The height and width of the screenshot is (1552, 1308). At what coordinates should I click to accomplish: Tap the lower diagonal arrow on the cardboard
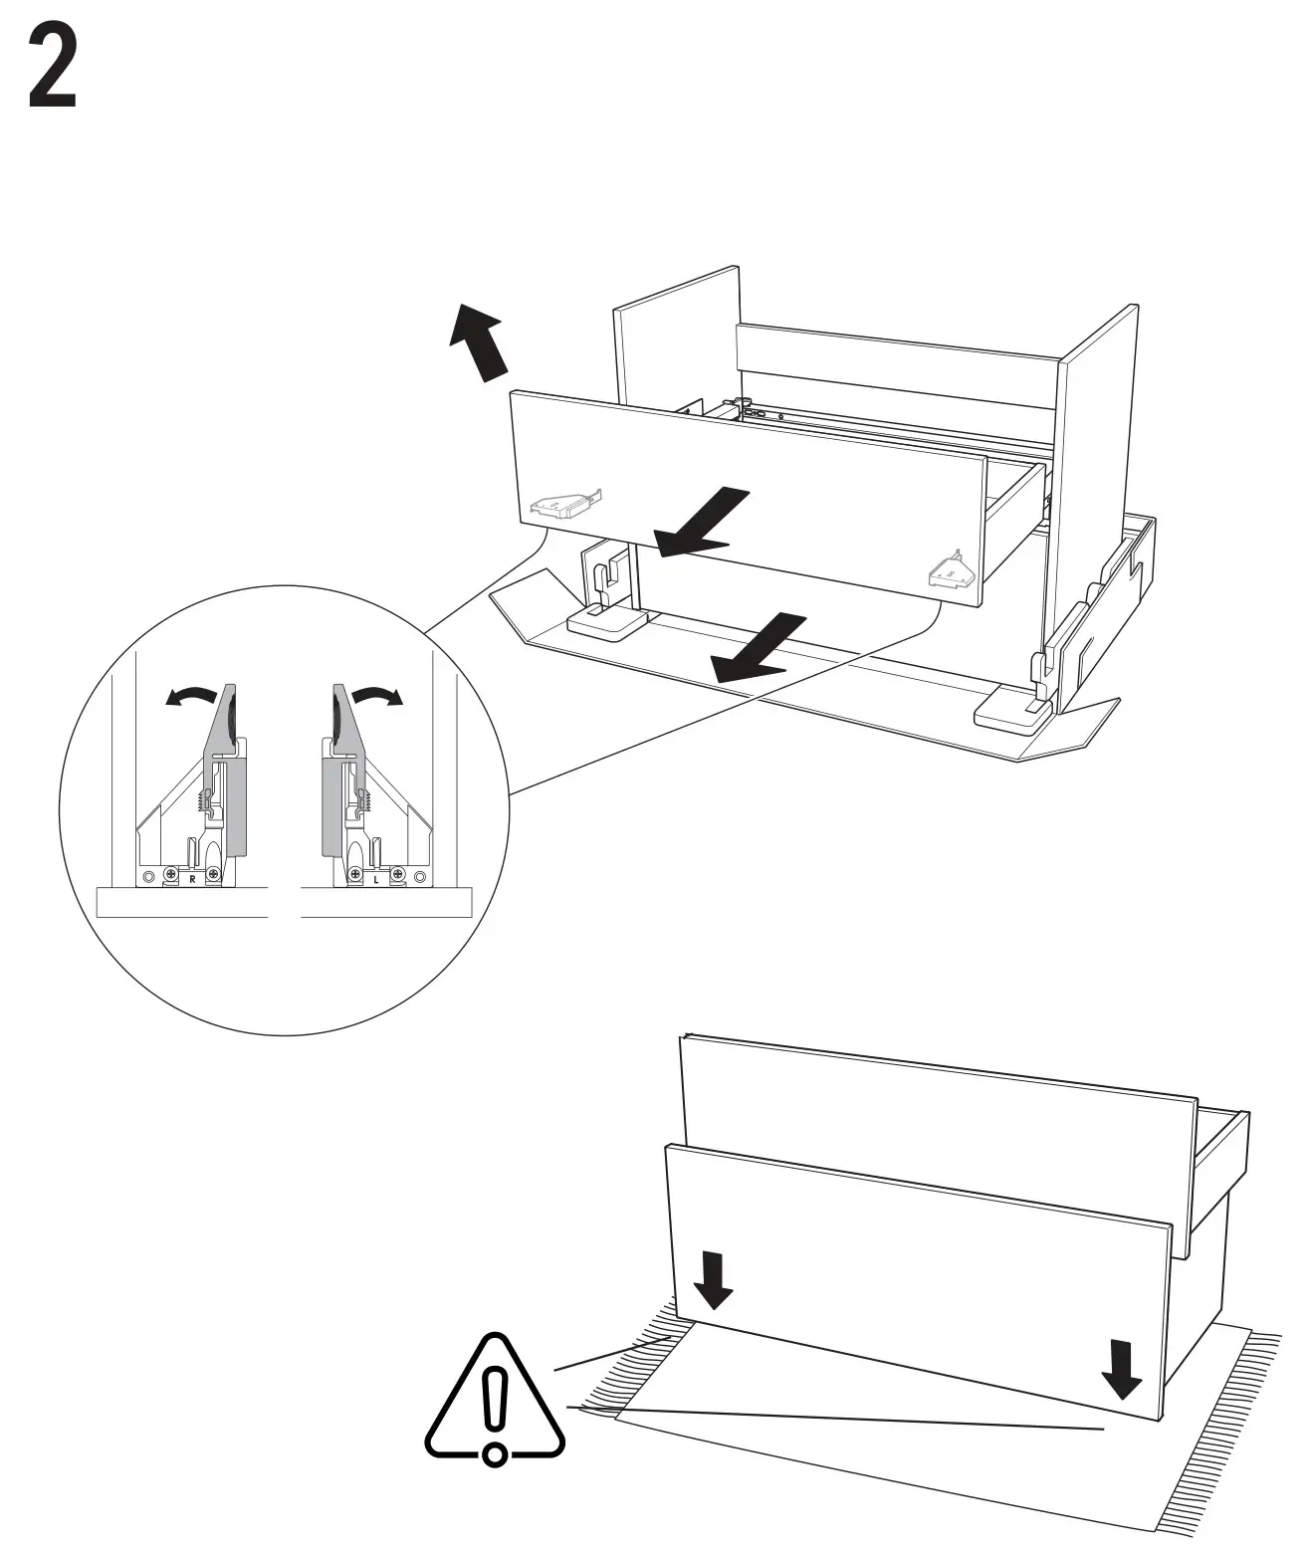(759, 649)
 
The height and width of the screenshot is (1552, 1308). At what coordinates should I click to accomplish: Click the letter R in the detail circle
(192, 879)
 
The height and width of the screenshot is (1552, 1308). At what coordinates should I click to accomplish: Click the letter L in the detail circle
(375, 880)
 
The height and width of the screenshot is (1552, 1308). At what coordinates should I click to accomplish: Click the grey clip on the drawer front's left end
(561, 505)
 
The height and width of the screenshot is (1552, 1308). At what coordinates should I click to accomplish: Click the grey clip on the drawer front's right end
(948, 571)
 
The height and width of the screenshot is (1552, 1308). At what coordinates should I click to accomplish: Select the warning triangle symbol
(494, 1402)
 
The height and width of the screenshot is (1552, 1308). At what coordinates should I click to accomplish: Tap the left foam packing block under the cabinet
(605, 625)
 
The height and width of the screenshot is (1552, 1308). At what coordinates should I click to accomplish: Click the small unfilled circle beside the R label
(148, 877)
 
